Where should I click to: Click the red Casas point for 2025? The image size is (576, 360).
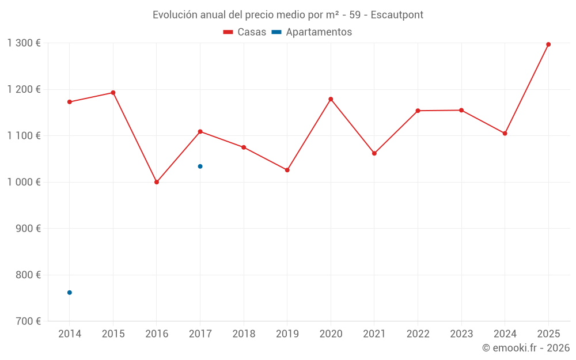(x=548, y=44)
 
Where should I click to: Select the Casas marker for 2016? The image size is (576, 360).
(x=157, y=182)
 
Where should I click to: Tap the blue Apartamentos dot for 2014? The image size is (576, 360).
(x=70, y=293)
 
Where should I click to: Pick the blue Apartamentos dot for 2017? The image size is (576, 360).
(x=200, y=166)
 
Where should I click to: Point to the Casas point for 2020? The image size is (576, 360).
(x=331, y=99)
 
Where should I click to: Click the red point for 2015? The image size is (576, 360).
(x=113, y=93)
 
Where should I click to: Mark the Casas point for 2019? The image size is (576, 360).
(x=287, y=170)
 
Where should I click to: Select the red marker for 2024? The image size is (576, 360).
(x=505, y=134)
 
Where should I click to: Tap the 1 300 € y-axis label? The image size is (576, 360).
(x=24, y=43)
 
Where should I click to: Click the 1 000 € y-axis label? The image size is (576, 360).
(x=24, y=182)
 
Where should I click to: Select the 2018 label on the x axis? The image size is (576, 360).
(x=244, y=334)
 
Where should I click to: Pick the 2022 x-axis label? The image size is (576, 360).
(x=418, y=334)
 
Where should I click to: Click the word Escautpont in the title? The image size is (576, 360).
(x=397, y=15)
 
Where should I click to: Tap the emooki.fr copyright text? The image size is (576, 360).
(x=525, y=348)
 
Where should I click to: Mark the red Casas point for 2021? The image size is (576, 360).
(x=374, y=153)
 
